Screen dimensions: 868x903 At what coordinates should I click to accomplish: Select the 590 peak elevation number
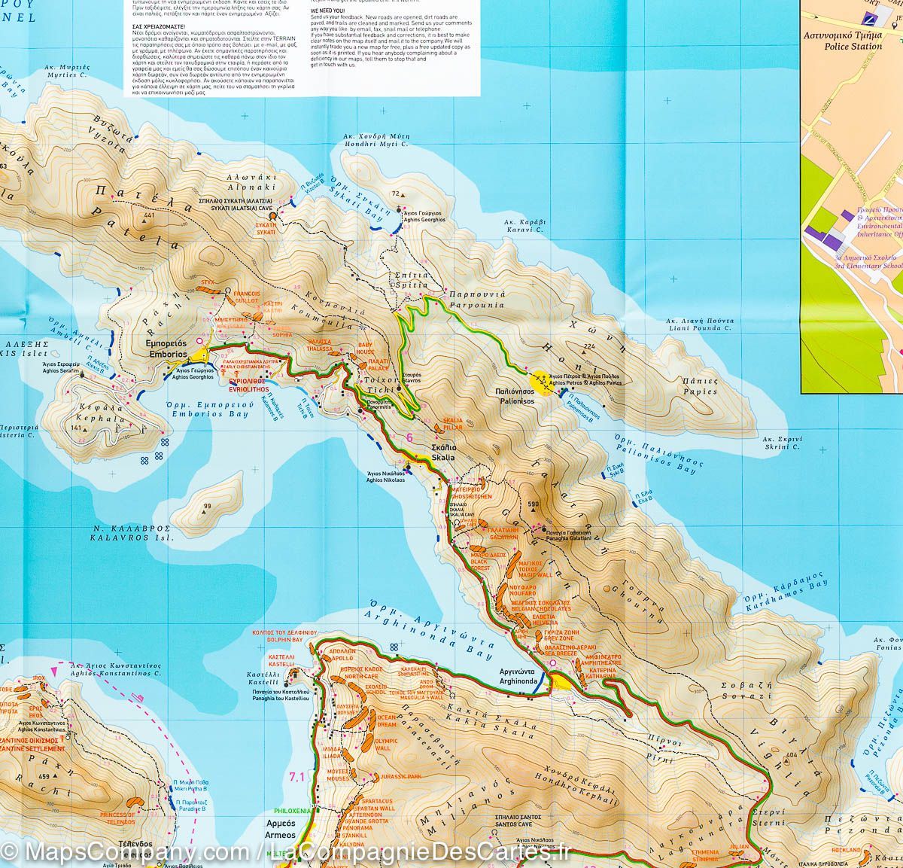[535, 504]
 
